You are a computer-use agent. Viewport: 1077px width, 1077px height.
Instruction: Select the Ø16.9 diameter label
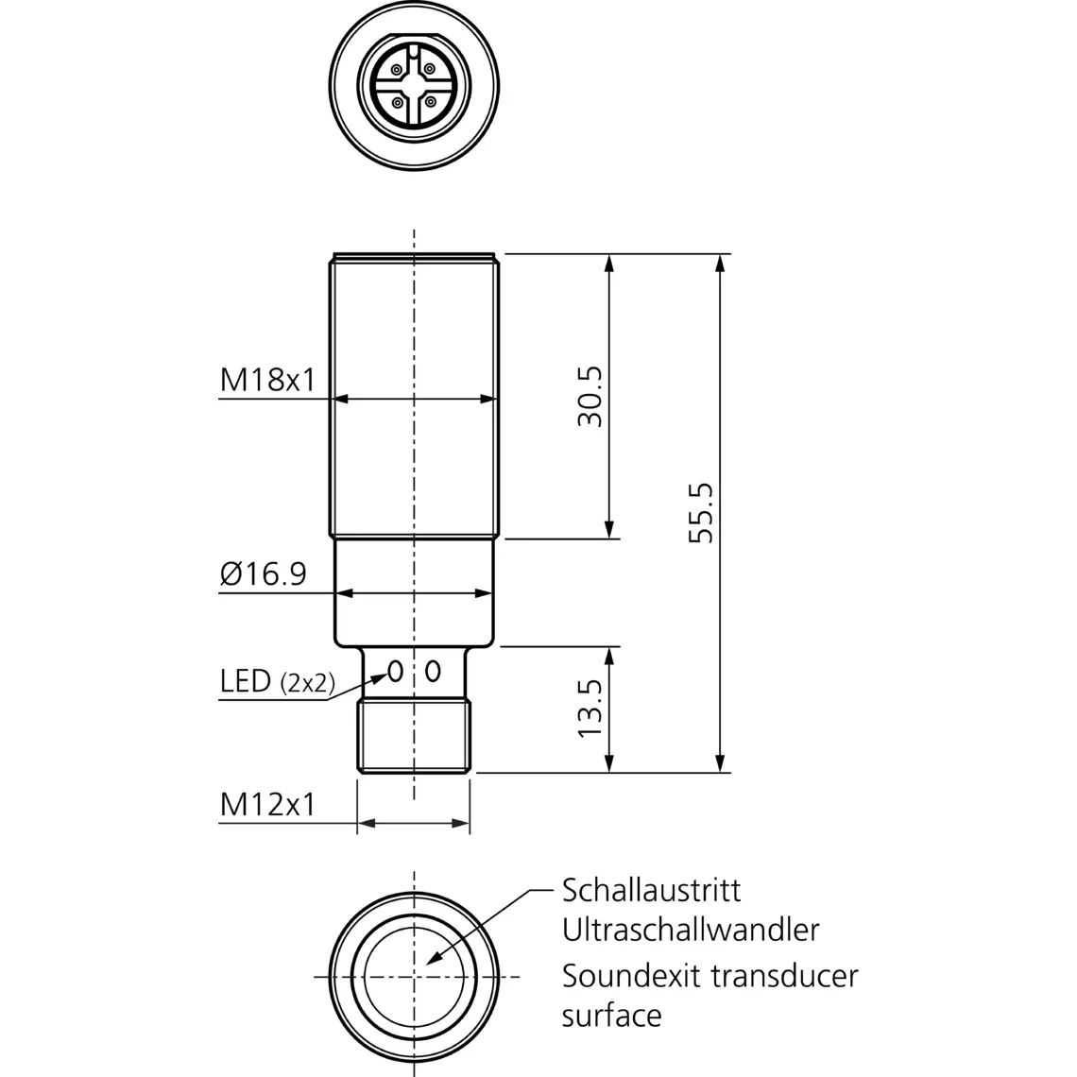(263, 573)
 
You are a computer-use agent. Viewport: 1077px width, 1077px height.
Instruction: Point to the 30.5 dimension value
(590, 397)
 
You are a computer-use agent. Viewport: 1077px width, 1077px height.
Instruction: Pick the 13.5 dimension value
(590, 709)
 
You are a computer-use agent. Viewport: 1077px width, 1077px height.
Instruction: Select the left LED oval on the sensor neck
(396, 672)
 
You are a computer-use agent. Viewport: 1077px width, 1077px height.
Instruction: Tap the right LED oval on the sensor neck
(433, 672)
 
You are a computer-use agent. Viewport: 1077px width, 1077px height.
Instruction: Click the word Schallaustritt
(651, 890)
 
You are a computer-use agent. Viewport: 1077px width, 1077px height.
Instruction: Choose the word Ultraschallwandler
(691, 930)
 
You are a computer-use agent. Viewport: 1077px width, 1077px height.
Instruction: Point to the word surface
(611, 1016)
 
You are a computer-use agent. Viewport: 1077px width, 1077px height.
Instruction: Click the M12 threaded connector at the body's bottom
(414, 736)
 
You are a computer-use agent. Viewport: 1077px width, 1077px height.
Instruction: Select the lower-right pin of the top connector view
(431, 101)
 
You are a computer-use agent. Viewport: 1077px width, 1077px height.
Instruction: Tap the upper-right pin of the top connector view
(431, 68)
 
